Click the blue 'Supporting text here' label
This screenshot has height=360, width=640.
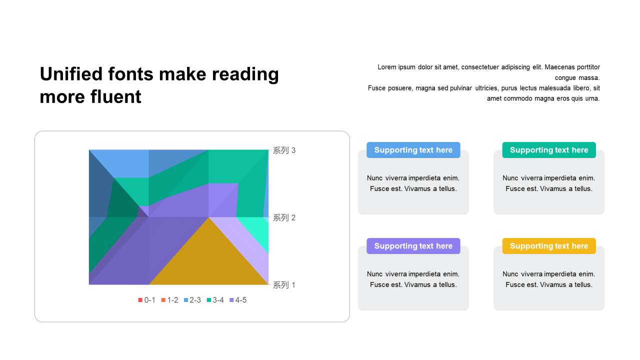click(x=413, y=150)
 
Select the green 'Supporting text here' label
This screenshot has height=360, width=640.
click(x=549, y=150)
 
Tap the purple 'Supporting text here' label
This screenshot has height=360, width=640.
click(x=413, y=246)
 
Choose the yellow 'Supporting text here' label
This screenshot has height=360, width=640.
click(x=549, y=246)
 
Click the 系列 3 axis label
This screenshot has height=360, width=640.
click(x=284, y=150)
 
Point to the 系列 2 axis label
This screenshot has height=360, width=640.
click(x=284, y=217)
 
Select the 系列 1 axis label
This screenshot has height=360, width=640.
click(x=284, y=285)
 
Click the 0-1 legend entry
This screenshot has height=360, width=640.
click(x=146, y=300)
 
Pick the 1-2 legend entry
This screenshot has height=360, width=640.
click(x=169, y=300)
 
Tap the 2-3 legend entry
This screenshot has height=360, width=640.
click(x=192, y=300)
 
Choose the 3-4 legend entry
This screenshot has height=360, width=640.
click(x=215, y=300)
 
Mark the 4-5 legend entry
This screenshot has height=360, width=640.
click(x=238, y=300)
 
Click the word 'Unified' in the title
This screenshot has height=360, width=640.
click(x=71, y=74)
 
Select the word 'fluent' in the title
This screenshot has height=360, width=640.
click(x=115, y=96)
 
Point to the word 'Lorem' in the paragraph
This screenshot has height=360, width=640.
click(x=387, y=67)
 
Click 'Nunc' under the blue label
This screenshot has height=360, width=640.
click(x=374, y=178)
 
